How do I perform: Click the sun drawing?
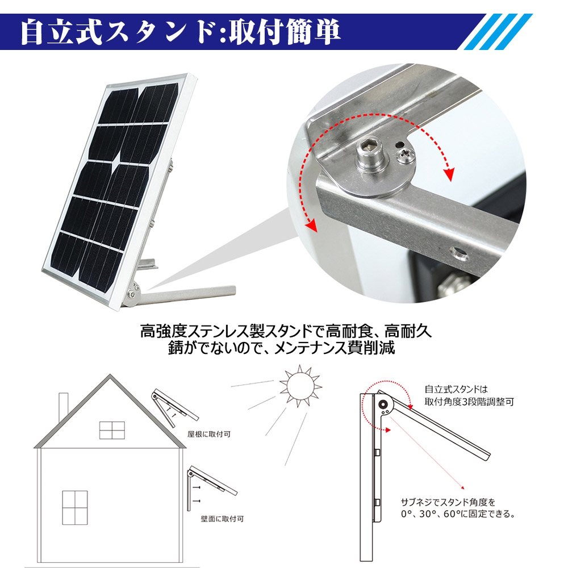point(299,386)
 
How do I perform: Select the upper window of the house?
point(112,430)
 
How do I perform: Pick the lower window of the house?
point(75,507)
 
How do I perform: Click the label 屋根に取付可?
point(209,434)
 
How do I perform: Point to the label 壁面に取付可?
point(223,519)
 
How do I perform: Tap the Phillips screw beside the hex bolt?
point(404,156)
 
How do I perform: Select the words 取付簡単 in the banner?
point(285,32)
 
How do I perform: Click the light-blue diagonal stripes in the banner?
point(499,32)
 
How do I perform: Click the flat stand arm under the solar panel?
point(185,294)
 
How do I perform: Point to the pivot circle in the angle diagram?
point(383,404)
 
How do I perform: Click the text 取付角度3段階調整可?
point(469,402)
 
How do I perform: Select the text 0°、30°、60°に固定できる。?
point(458,513)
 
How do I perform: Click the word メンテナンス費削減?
point(335,348)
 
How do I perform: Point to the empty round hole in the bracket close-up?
point(458,254)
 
